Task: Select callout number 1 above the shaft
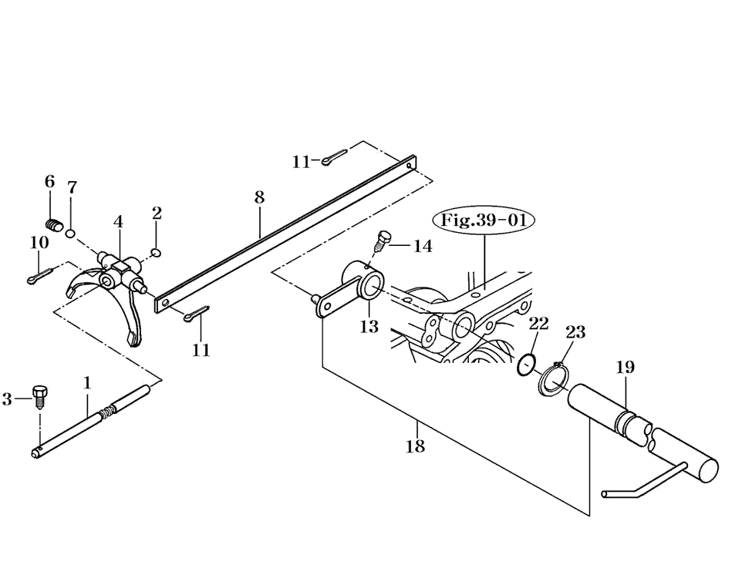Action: (x=87, y=382)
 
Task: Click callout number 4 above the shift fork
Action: (x=118, y=222)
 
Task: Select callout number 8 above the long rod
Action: (x=259, y=197)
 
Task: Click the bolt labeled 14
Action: (x=382, y=242)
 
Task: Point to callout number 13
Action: (x=369, y=326)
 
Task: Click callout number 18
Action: (x=415, y=446)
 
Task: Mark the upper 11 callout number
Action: (x=301, y=161)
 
